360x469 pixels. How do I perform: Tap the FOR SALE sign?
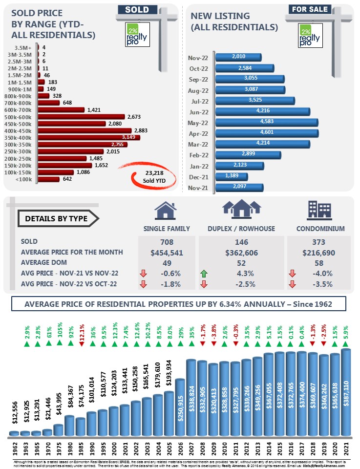(x=310, y=9)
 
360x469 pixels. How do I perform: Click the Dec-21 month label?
(x=198, y=175)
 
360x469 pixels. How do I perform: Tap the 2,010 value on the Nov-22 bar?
(x=239, y=57)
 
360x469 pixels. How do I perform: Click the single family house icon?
(x=166, y=211)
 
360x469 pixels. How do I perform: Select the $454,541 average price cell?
(x=168, y=252)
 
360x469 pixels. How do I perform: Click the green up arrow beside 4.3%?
(x=204, y=273)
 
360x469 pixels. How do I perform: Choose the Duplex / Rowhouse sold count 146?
(x=241, y=242)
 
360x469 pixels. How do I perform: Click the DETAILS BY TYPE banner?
(x=57, y=218)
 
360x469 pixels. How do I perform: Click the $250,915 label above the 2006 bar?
(x=179, y=362)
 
